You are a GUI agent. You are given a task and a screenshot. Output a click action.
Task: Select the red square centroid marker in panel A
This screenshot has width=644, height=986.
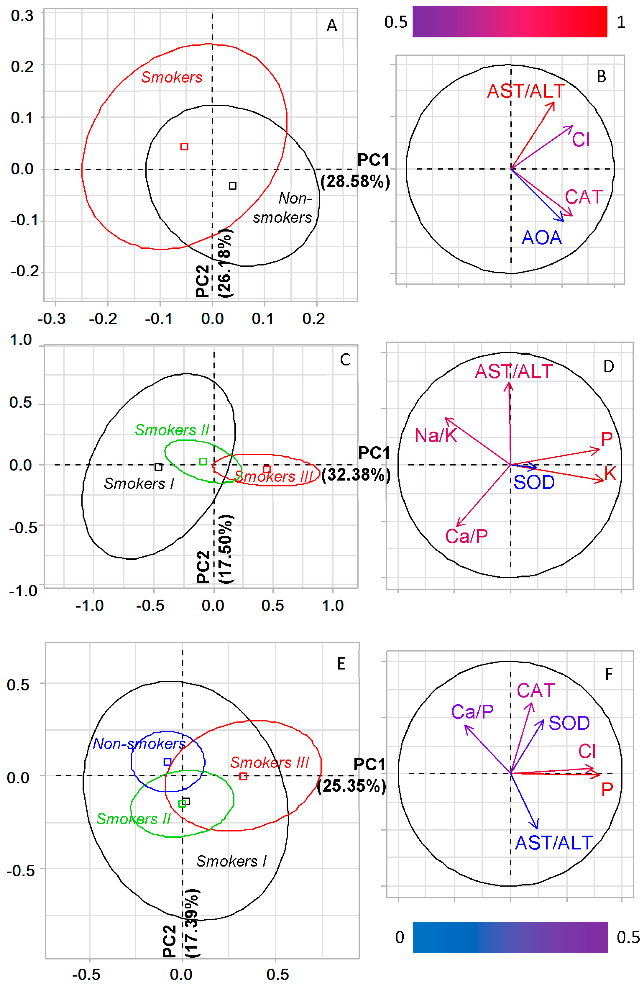[x=184, y=146]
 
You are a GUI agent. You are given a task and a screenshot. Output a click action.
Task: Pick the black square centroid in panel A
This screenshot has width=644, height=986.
[x=233, y=186]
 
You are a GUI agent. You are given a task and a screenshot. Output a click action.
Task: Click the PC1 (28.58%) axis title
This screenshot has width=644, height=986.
[x=355, y=171]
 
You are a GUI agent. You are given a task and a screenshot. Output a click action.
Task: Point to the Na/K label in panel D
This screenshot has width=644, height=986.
[x=436, y=435]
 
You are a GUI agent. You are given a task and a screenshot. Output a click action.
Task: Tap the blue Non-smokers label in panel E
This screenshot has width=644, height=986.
[x=139, y=744]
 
